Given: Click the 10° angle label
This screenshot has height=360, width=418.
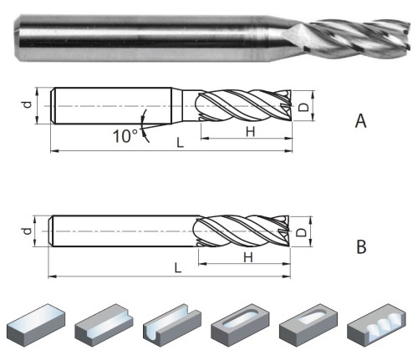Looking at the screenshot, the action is tap(125, 136).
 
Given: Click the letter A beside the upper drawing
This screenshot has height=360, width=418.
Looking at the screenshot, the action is tap(360, 121).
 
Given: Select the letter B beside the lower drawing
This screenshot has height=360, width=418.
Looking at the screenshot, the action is tap(361, 246).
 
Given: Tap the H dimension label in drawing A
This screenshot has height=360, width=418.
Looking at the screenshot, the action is tap(250, 131).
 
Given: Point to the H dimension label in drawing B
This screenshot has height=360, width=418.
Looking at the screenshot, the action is tap(248, 257).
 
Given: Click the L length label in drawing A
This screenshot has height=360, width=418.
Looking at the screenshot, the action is tap(181, 143).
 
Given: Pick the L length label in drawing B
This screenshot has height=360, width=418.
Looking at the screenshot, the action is tap(178, 268).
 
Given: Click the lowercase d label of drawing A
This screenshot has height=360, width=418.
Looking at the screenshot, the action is tap(27, 104).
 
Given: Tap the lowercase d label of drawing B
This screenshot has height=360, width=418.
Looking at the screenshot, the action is tap(27, 231).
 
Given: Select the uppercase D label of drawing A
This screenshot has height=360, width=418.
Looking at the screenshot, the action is tap(303, 107).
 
